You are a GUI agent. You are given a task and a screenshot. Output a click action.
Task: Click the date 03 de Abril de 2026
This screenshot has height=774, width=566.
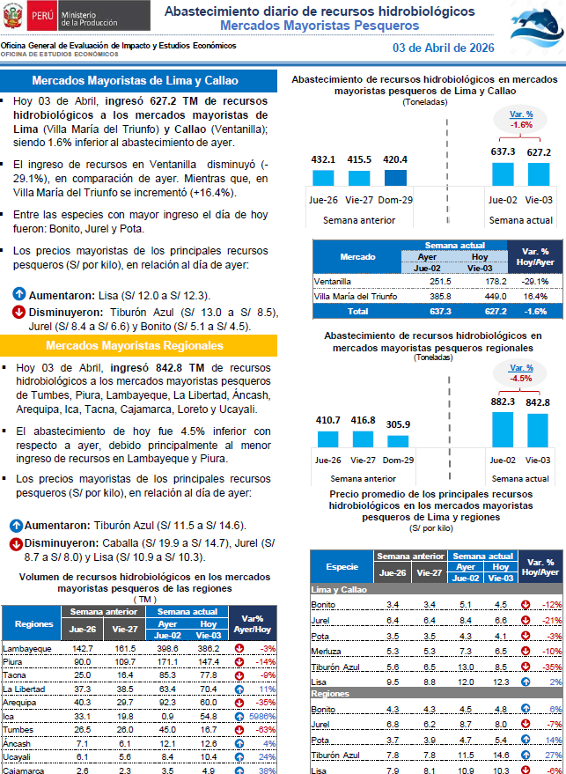pyautogui.click(x=443, y=48)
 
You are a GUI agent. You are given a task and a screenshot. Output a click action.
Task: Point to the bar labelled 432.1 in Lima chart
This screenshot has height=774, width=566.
pyautogui.click(x=324, y=178)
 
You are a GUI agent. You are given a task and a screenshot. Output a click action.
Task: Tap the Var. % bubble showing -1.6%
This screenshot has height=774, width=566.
pyautogui.click(x=521, y=120)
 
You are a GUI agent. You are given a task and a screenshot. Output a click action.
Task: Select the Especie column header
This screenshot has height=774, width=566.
pyautogui.click(x=342, y=566)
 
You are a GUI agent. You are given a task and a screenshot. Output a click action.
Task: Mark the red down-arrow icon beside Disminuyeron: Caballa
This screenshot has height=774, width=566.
pyautogui.click(x=16, y=543)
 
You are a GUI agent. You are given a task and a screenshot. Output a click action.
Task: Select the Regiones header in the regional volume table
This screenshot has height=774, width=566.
pyautogui.click(x=31, y=623)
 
